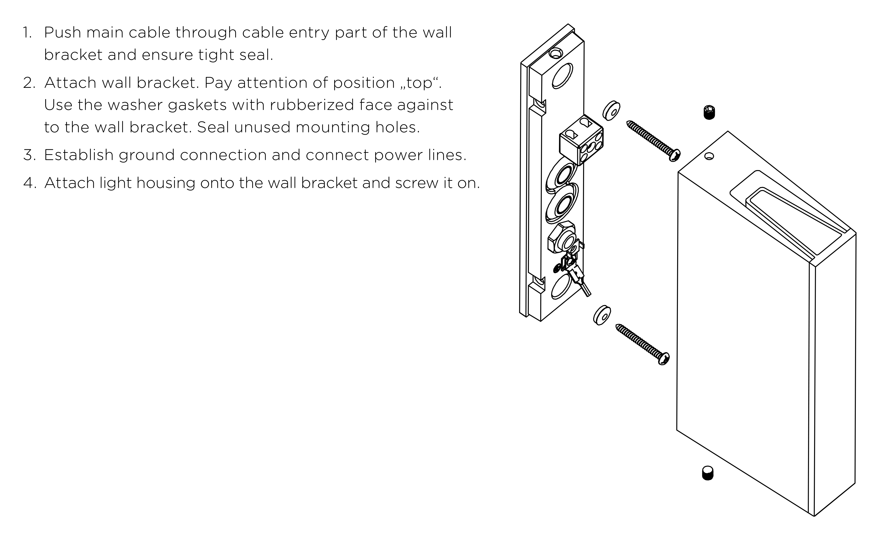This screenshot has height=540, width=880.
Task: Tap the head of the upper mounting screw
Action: (x=675, y=155)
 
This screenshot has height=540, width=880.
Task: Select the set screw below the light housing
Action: (x=707, y=473)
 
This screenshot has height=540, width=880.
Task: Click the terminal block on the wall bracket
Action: (x=581, y=140)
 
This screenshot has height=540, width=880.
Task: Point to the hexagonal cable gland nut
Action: (x=561, y=237)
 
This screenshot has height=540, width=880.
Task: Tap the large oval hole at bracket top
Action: (x=563, y=76)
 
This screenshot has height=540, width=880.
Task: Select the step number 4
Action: (x=30, y=183)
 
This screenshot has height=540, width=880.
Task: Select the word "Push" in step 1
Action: (x=62, y=33)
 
